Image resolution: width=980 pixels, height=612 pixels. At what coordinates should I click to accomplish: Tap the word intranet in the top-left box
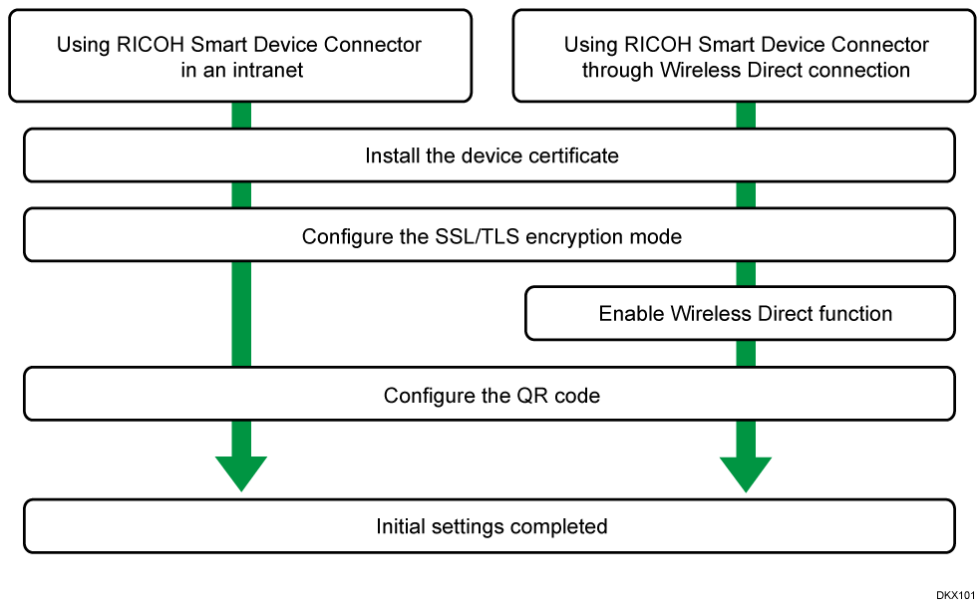tap(265, 70)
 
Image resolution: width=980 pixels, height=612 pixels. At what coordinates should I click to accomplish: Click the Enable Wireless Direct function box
tap(739, 314)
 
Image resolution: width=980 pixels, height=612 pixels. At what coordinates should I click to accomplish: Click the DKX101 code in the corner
tap(954, 595)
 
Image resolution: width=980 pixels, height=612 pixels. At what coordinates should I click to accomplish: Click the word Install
tap(386, 155)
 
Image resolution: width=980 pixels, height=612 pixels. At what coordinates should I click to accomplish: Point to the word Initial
tap(403, 526)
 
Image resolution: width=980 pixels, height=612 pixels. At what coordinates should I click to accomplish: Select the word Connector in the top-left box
tap(370, 45)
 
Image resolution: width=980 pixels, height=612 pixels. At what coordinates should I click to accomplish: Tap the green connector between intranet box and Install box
tap(240, 116)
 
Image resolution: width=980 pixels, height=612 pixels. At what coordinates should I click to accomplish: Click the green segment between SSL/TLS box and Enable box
tap(746, 274)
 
